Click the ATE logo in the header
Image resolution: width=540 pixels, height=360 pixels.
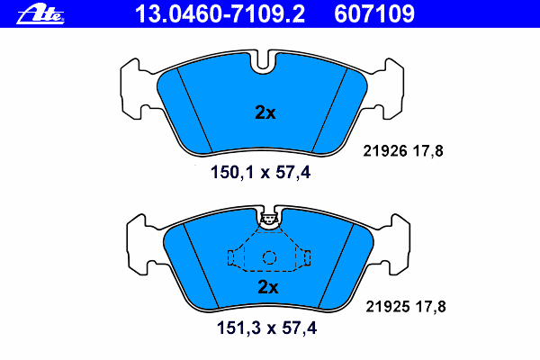click(x=40, y=14)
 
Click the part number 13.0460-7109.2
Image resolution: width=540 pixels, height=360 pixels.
click(x=220, y=14)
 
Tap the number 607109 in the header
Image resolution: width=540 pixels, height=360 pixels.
click(x=374, y=14)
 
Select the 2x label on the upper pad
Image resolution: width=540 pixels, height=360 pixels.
click(x=265, y=112)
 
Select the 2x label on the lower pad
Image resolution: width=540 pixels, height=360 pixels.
click(x=268, y=287)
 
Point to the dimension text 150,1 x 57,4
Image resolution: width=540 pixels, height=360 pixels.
click(x=260, y=172)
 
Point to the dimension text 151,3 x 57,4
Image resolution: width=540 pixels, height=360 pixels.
click(x=266, y=328)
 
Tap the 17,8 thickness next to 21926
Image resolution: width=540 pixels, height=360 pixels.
click(x=428, y=151)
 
